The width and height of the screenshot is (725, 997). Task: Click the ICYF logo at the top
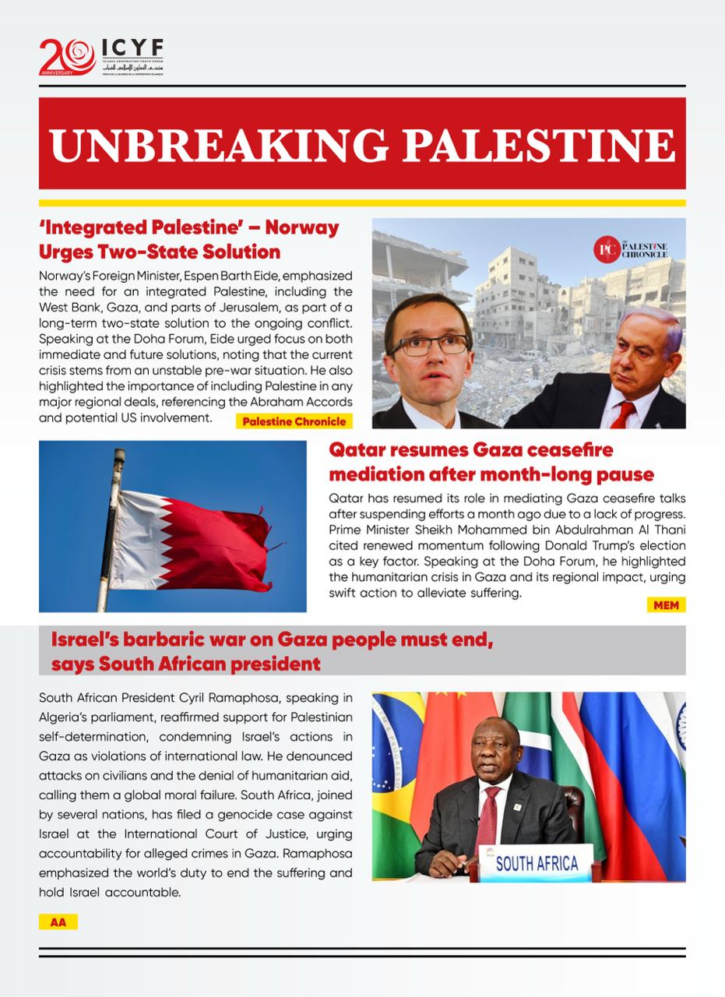click(x=101, y=56)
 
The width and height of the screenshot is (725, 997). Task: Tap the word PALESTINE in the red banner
click(x=543, y=144)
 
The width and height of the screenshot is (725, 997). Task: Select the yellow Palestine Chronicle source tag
click(x=294, y=421)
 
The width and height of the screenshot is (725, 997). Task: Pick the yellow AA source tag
click(x=58, y=922)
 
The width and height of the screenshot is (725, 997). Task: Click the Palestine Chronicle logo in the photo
click(x=631, y=249)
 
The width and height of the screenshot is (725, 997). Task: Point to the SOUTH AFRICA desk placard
click(x=537, y=863)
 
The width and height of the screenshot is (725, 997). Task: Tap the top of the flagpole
click(x=119, y=453)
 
